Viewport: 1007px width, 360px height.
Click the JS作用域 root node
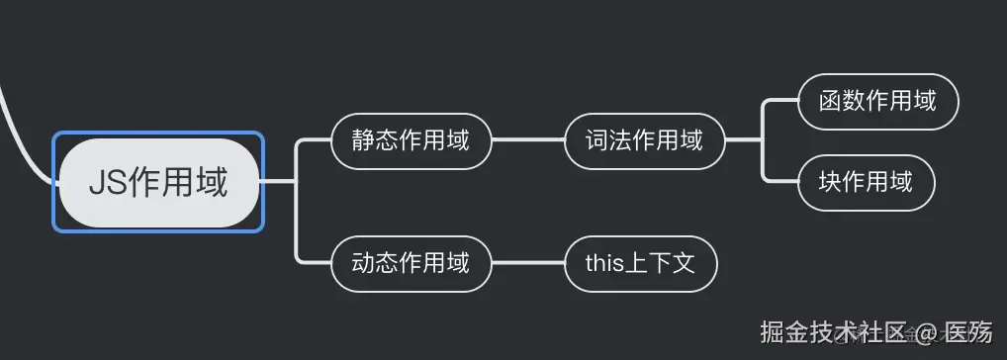pos(158,182)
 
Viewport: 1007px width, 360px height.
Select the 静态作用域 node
pos(411,140)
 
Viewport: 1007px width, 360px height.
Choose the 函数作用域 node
pos(877,101)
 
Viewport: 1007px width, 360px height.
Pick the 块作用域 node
pos(866,182)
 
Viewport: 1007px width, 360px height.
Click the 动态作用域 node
pos(411,264)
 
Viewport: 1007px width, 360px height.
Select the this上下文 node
pos(640,264)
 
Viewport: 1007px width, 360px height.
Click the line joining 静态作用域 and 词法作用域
pos(527,140)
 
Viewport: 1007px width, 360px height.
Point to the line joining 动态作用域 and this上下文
pos(527,264)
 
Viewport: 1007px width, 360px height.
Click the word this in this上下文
pos(603,264)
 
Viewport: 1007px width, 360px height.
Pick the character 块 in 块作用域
pos(830,182)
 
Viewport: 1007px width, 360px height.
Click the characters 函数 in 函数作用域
pos(843,101)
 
